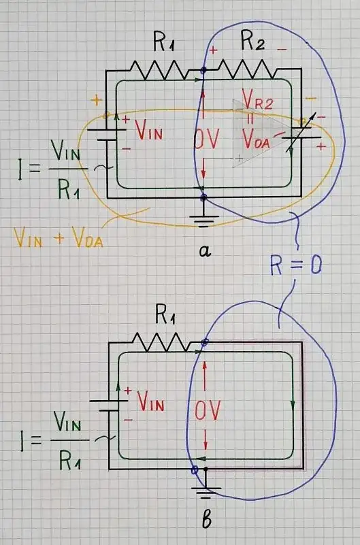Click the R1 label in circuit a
pos(164,44)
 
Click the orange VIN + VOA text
pos(59,237)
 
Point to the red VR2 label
pos(257,104)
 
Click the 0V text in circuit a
pos(207,140)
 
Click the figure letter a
pos(204,251)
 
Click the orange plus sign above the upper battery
pos(96,100)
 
